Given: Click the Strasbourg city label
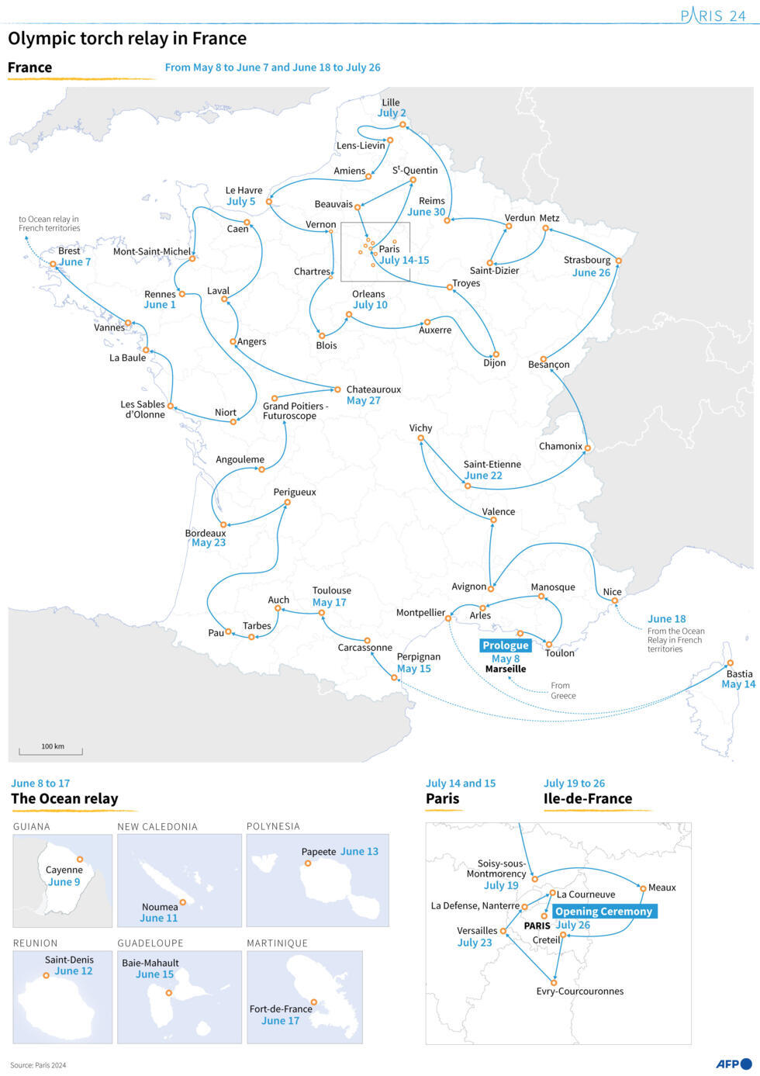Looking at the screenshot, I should click(587, 260).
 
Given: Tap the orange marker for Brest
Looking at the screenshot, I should click(53, 264).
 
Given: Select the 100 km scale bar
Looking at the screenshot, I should click(51, 750).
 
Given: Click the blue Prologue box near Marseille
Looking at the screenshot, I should click(506, 645).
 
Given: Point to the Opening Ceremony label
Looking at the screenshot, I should click(604, 912).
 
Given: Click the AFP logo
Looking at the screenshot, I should click(733, 1064).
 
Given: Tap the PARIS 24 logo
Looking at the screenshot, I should click(713, 16).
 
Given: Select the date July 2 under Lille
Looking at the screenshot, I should click(392, 113).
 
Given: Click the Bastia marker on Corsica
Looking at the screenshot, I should click(730, 663).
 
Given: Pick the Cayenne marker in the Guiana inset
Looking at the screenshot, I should click(80, 860).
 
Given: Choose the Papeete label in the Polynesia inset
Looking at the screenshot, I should click(319, 852).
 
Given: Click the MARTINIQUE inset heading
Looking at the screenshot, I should click(278, 943).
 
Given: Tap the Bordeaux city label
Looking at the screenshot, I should click(206, 533).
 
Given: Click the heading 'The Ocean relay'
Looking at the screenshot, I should click(64, 799).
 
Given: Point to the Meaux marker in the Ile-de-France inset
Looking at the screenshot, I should click(643, 888).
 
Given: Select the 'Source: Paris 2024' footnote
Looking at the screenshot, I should click(38, 1065).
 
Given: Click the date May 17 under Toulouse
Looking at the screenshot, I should click(330, 603).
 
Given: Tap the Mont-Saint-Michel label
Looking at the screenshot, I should click(152, 251).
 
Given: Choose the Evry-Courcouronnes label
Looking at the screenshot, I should click(579, 991).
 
